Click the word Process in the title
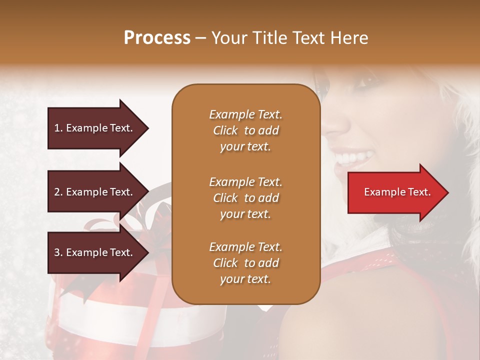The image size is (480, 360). pos(157,38)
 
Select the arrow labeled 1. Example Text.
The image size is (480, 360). pos(95,128)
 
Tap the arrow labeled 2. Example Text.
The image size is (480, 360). pos(95,192)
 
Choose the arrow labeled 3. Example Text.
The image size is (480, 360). pos(95,252)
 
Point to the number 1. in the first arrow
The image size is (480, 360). pos(58,128)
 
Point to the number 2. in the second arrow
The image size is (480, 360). pos(58,192)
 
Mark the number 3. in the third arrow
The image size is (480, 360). pos(58,252)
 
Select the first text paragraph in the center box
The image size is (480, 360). pos(245,130)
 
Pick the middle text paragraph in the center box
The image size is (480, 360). pos(245,197)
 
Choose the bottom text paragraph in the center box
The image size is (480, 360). pos(245,263)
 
